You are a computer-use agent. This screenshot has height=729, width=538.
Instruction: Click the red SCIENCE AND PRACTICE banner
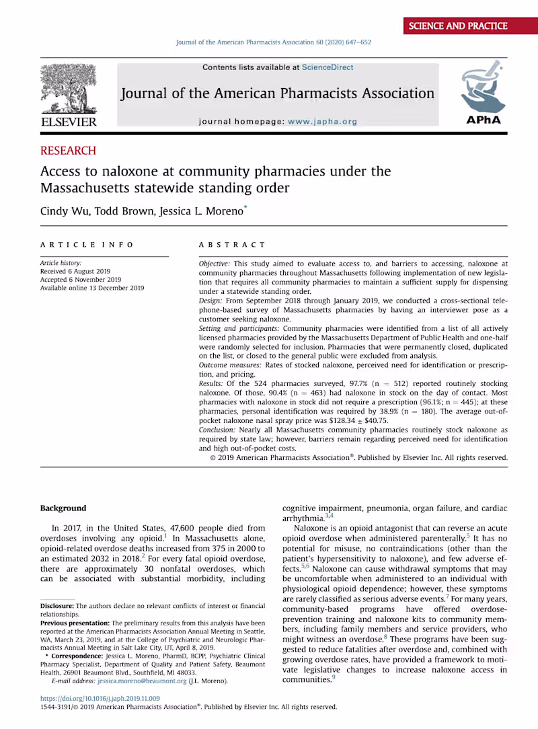[456, 26]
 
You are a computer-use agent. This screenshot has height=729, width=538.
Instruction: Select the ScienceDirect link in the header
[328, 67]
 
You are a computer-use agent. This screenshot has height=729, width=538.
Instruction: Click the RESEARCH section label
[68, 151]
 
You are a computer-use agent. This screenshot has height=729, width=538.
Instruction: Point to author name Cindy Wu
[63, 211]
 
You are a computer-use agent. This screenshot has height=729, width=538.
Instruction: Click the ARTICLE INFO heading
[87, 245]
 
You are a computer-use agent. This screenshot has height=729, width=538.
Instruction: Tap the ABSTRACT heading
[232, 245]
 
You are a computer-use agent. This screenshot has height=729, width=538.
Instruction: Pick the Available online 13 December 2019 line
[92, 288]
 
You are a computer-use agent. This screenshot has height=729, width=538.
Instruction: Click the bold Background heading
[63, 508]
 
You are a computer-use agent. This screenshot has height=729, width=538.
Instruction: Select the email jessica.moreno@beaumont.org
[143, 681]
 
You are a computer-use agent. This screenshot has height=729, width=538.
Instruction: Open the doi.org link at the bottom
[100, 699]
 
